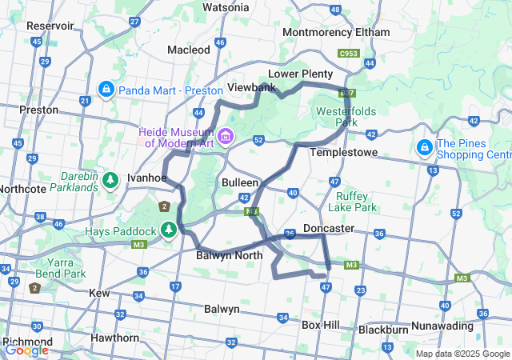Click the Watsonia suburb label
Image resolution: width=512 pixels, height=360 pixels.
(226, 7)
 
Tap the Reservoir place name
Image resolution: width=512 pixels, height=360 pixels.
(50, 26)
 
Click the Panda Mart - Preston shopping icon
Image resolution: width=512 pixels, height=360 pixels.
(105, 89)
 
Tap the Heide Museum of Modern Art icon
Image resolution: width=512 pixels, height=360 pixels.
(226, 137)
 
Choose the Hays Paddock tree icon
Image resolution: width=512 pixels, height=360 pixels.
(169, 231)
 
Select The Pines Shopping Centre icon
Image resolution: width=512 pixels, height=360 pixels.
(423, 148)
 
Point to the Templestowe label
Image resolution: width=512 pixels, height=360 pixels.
(342, 151)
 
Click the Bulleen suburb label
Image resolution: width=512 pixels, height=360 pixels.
(240, 182)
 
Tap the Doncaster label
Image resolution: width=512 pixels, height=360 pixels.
(329, 228)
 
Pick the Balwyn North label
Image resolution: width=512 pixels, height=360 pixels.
(229, 256)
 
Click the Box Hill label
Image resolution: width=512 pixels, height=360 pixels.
(322, 325)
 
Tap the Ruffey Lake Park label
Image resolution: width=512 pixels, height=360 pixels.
(357, 201)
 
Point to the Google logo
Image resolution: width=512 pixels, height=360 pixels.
(26, 350)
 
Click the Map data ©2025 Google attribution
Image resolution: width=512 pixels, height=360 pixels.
(462, 354)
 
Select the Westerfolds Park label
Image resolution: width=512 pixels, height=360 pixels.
(348, 117)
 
